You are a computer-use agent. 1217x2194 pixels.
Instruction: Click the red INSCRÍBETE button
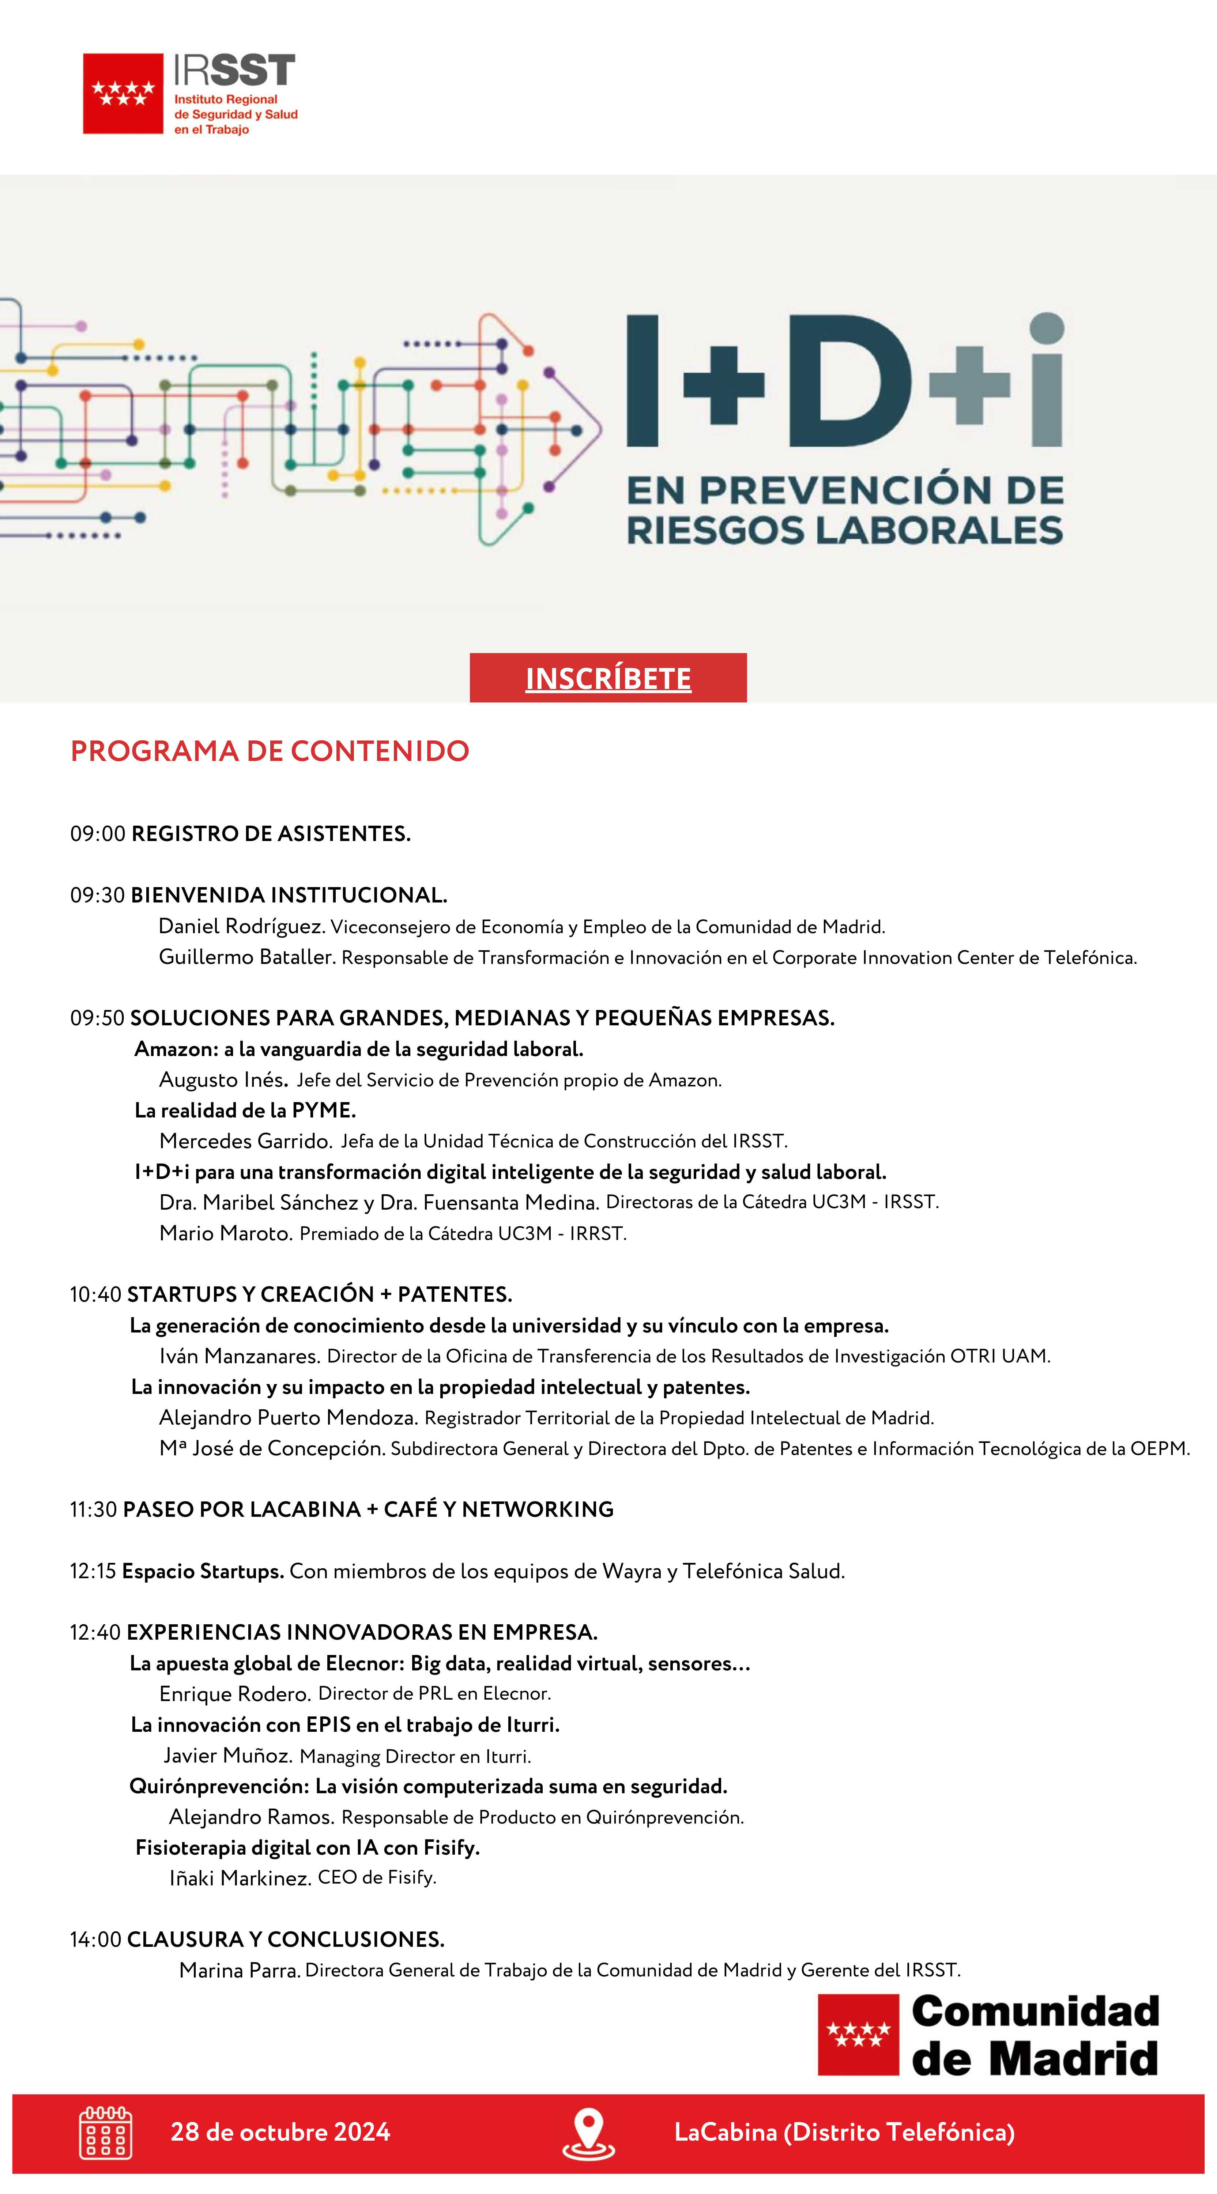pos(608,678)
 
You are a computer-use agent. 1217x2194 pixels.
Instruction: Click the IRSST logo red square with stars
pos(123,94)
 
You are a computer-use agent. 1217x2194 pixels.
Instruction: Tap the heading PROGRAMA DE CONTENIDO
pos(269,751)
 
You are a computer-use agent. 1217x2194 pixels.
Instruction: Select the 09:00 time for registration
pos(97,834)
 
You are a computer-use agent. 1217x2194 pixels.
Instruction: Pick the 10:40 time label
pos(95,1294)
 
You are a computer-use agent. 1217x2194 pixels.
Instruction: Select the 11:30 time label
pos(94,1509)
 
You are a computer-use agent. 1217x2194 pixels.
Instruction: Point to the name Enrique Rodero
pos(234,1694)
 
